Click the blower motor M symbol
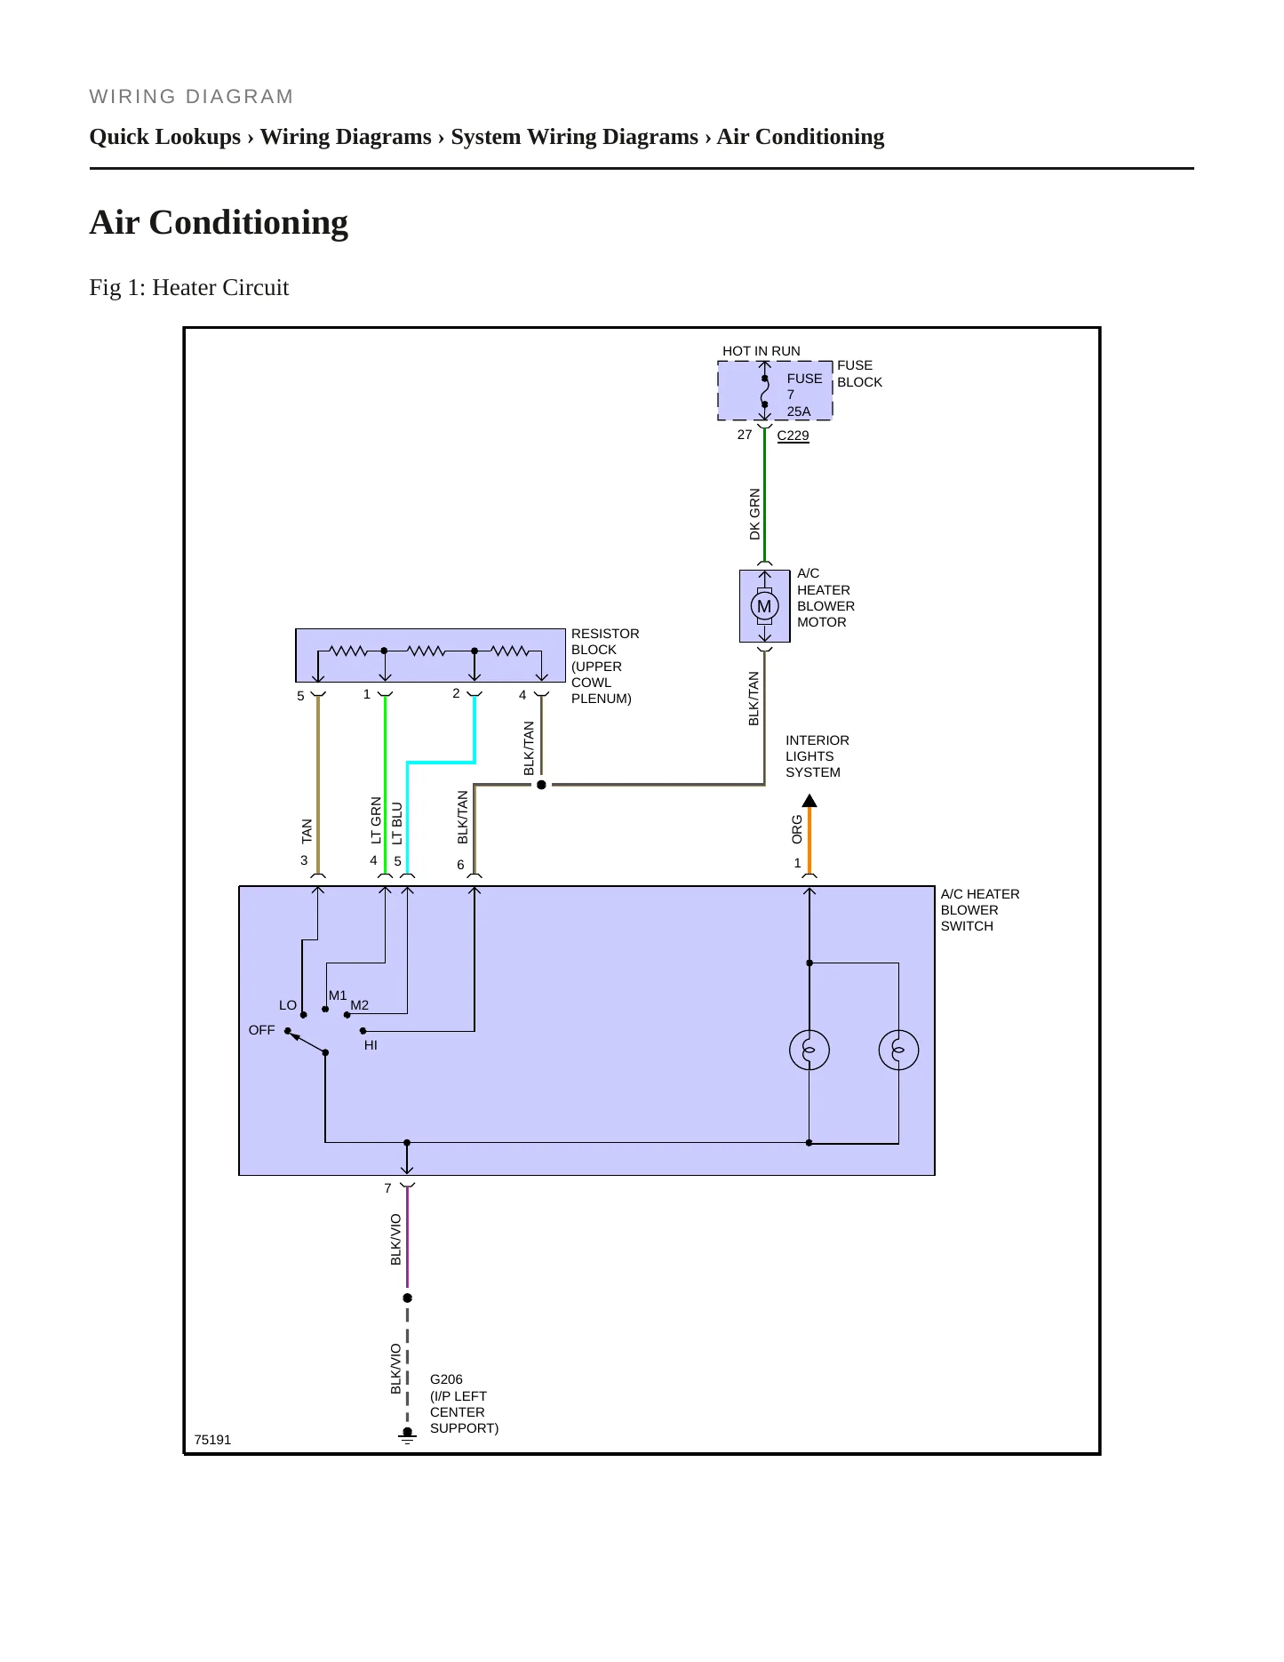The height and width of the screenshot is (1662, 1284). click(x=764, y=607)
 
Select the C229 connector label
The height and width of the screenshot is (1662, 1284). click(x=793, y=435)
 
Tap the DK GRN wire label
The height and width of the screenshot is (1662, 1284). click(x=754, y=514)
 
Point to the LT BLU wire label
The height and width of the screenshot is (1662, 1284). click(x=397, y=823)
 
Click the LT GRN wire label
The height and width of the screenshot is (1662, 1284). click(x=376, y=819)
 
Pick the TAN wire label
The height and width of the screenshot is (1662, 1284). click(x=307, y=831)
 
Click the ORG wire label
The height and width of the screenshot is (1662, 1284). click(x=797, y=829)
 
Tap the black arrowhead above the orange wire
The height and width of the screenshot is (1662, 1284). click(x=809, y=800)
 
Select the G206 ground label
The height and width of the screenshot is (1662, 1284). click(x=446, y=1379)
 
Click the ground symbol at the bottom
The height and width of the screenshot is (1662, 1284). click(x=407, y=1435)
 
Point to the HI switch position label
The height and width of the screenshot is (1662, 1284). click(x=371, y=1045)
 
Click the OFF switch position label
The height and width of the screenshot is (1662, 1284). click(x=262, y=1030)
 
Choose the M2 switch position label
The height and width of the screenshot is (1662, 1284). click(x=359, y=1005)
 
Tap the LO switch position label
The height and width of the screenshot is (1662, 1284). click(x=288, y=1005)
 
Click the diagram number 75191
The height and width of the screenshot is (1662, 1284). click(x=212, y=1440)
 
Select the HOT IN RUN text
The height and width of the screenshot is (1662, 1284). click(x=762, y=351)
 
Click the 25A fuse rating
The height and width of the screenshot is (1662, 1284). click(x=799, y=412)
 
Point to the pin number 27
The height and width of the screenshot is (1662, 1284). click(x=745, y=435)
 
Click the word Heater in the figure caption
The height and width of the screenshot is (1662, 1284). click(x=185, y=288)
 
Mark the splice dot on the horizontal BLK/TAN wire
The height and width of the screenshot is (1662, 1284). click(x=541, y=785)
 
